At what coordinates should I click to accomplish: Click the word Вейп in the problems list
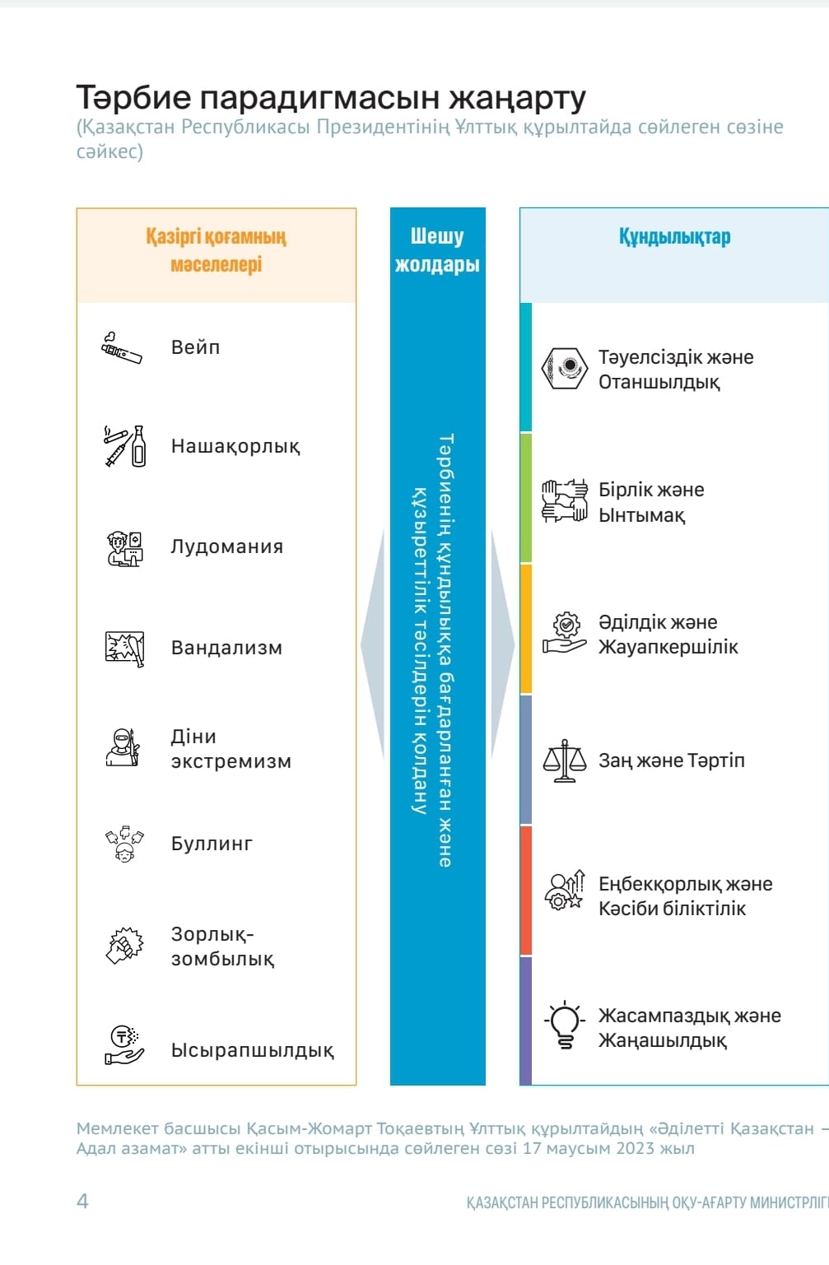(195, 347)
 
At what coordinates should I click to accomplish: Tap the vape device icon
(122, 348)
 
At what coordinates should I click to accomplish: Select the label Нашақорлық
(235, 446)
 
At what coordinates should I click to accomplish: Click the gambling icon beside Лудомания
(124, 548)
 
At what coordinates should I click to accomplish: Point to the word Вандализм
(226, 648)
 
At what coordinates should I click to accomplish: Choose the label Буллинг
(212, 844)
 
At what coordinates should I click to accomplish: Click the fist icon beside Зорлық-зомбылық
(124, 945)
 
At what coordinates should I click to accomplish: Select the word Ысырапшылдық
(252, 1050)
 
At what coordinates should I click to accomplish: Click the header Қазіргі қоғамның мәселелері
(217, 250)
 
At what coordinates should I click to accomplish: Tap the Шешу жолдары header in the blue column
(437, 250)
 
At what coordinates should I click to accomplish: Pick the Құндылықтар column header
(674, 237)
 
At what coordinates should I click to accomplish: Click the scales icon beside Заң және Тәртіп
(565, 760)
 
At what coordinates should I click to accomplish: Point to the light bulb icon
(565, 1025)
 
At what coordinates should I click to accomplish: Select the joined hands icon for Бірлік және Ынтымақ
(565, 500)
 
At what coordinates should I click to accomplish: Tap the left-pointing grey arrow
(374, 644)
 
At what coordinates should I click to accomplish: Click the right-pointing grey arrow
(502, 644)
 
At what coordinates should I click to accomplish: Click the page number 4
(82, 1201)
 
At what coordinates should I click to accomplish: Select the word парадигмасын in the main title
(321, 97)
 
